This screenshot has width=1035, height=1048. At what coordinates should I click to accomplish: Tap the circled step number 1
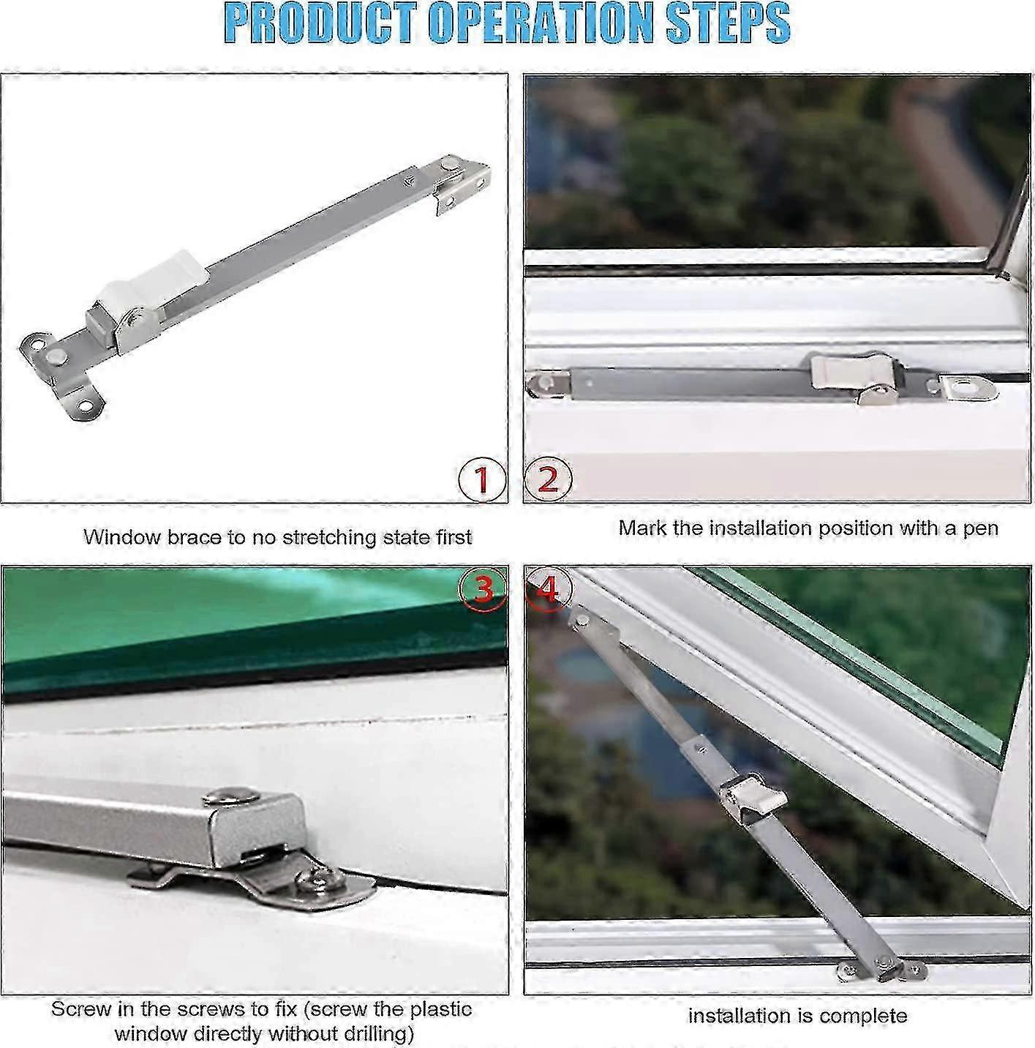click(x=482, y=480)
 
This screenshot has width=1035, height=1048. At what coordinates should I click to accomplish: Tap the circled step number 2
click(x=548, y=479)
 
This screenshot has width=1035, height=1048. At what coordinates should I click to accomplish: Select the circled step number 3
click(x=483, y=588)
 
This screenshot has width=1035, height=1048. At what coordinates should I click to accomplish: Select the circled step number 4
click(x=546, y=588)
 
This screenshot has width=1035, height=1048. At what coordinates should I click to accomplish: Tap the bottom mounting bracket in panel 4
click(x=881, y=968)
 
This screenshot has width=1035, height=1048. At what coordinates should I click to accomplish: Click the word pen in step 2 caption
click(x=981, y=528)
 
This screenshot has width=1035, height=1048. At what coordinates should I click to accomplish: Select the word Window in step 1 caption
click(x=117, y=537)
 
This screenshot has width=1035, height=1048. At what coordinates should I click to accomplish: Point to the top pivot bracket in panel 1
click(x=461, y=183)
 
